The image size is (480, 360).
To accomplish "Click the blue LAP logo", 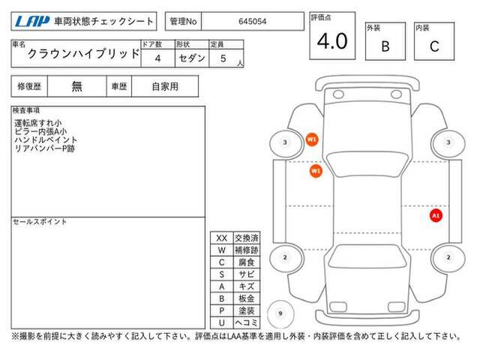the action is click(x=32, y=22).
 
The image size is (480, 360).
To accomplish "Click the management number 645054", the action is click(x=252, y=22).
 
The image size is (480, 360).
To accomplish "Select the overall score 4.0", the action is click(x=332, y=41).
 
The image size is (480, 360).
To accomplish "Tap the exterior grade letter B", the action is click(x=385, y=46).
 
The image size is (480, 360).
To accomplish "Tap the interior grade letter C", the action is click(x=434, y=46).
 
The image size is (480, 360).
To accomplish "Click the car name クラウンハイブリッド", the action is click(x=83, y=54).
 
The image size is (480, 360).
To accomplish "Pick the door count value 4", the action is click(x=157, y=58).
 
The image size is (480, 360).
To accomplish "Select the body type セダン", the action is click(x=192, y=58).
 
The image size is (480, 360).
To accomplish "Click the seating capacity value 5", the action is click(x=223, y=58).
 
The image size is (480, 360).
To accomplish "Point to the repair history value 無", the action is click(x=76, y=86).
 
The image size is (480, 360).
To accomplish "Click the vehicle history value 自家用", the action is click(x=165, y=87).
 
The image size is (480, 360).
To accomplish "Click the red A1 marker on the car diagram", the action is click(x=436, y=216).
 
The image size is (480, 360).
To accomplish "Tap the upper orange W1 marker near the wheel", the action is click(x=312, y=140).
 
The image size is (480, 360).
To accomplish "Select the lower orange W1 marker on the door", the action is click(x=316, y=171).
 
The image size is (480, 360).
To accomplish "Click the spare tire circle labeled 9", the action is click(x=280, y=313).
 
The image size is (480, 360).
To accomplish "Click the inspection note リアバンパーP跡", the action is click(x=45, y=148).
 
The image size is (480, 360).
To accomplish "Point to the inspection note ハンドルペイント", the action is click(x=46, y=140).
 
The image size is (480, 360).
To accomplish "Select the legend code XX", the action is click(x=222, y=238).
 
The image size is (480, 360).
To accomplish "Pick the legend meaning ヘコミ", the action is click(x=247, y=322).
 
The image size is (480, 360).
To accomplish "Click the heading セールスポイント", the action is click(x=40, y=222).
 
